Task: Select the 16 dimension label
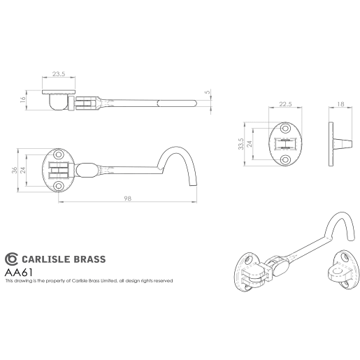point(23,101)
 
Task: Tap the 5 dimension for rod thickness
point(208,91)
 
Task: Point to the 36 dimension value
point(15,169)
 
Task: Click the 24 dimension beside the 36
point(23,169)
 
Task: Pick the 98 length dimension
point(127,199)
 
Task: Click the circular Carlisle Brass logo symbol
point(11,259)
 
